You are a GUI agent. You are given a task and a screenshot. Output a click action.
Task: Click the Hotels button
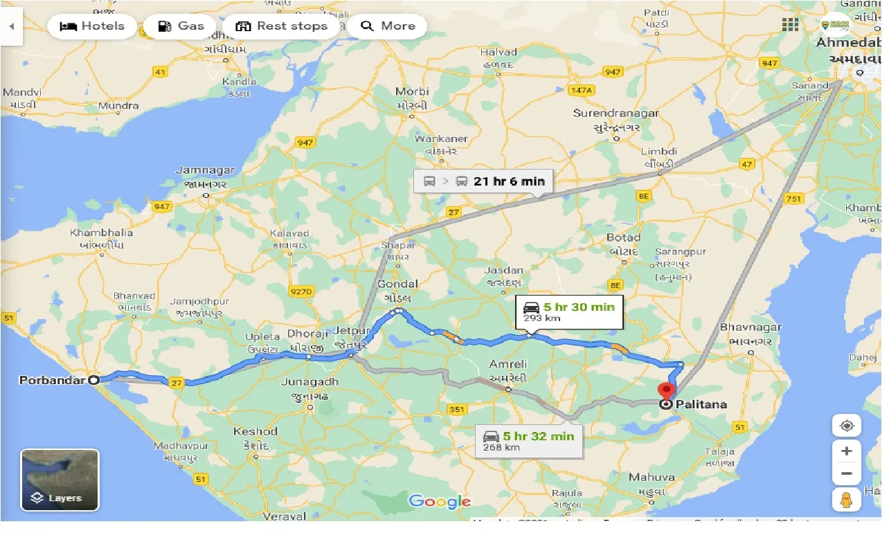pyautogui.click(x=92, y=26)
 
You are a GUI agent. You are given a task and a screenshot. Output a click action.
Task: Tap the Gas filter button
pyautogui.click(x=180, y=26)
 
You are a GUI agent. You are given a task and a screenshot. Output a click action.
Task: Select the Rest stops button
pyautogui.click(x=281, y=26)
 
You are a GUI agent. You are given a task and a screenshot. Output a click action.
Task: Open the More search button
pyautogui.click(x=388, y=26)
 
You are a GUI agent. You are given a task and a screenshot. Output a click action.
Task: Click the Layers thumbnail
pyautogui.click(x=60, y=480)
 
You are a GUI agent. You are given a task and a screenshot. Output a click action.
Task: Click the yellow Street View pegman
pyautogui.click(x=846, y=498)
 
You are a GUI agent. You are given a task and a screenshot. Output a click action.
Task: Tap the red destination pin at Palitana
pyautogui.click(x=667, y=392)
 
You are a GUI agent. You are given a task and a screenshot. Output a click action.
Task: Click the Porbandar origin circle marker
pyautogui.click(x=94, y=379)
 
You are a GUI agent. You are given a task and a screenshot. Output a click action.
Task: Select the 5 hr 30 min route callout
pyautogui.click(x=570, y=311)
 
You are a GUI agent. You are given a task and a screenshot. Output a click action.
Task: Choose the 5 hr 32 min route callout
pyautogui.click(x=530, y=440)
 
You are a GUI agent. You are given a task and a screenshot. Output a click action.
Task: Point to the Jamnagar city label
pyautogui.click(x=205, y=170)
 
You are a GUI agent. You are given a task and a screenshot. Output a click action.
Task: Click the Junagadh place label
pyautogui.click(x=309, y=381)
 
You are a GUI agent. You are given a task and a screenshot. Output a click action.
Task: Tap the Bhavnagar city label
pyautogui.click(x=751, y=327)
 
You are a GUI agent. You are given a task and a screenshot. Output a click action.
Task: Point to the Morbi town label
pyautogui.click(x=412, y=91)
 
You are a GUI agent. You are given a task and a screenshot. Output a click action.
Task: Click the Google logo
pyautogui.click(x=439, y=501)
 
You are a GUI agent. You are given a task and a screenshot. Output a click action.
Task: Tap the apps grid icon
pyautogui.click(x=790, y=25)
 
